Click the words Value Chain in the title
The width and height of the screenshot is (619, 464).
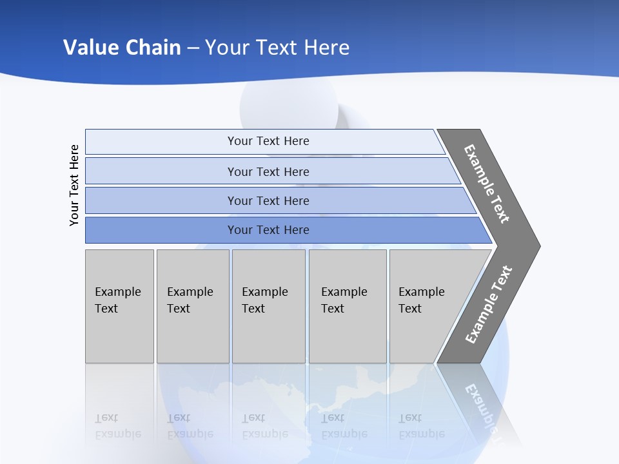(x=122, y=47)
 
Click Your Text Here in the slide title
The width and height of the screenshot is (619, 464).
(x=277, y=47)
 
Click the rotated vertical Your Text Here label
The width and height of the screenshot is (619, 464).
(x=74, y=185)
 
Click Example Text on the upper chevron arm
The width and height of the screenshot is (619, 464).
(x=487, y=184)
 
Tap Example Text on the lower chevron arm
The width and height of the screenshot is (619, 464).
(x=488, y=305)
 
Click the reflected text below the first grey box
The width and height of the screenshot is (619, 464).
(x=117, y=426)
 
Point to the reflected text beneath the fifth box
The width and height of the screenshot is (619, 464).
(x=421, y=426)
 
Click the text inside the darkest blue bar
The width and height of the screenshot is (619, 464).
(x=268, y=230)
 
